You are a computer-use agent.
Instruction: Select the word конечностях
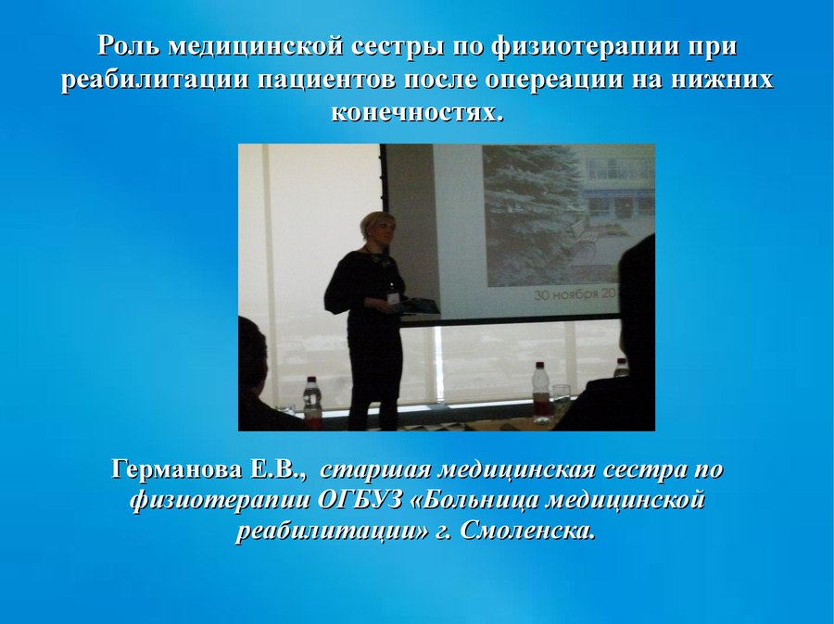(417, 113)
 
